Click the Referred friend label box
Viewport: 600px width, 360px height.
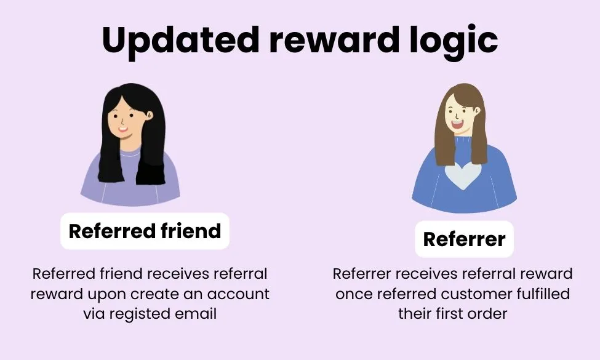coord(145,231)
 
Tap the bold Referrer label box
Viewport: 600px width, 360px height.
coord(464,239)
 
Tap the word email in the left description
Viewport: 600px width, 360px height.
coord(196,313)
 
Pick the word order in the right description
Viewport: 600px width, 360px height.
coord(487,313)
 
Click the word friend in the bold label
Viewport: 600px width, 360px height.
coord(191,231)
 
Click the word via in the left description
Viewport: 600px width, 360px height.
coord(94,313)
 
